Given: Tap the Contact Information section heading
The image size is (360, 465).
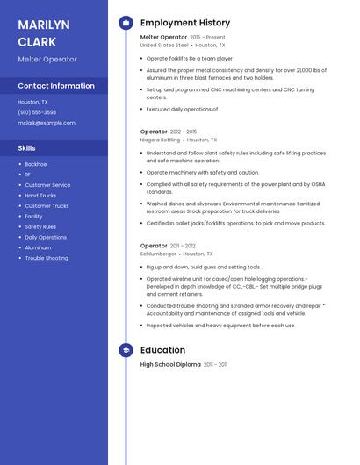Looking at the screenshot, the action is (x=56, y=86).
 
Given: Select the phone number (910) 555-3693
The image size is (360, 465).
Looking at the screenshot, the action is (x=37, y=112).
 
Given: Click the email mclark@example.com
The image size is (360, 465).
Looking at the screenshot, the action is (x=47, y=123).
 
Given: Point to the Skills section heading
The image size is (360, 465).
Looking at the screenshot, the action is (x=26, y=148).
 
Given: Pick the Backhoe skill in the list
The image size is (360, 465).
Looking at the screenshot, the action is (x=36, y=164).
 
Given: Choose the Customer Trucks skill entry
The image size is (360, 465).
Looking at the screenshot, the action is (x=47, y=206).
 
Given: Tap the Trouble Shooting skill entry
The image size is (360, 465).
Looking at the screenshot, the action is (x=47, y=258).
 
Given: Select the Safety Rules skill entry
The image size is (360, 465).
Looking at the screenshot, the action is (x=40, y=226).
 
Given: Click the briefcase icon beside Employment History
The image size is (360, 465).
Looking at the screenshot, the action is (x=126, y=23).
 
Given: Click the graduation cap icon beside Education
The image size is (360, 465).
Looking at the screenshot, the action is (x=126, y=351).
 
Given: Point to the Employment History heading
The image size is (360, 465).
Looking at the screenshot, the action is (x=185, y=23).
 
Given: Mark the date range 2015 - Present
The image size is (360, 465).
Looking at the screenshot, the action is (x=207, y=38).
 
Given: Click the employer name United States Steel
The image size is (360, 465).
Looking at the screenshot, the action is (x=164, y=45).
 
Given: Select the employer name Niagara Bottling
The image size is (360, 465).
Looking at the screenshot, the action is (x=160, y=139).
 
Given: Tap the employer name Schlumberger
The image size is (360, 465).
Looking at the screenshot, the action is (x=158, y=254).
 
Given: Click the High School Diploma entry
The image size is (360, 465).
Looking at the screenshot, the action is (x=170, y=364).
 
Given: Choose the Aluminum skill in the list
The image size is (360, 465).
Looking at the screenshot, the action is (x=38, y=247).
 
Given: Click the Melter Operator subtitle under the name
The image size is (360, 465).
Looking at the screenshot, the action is (x=47, y=59).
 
